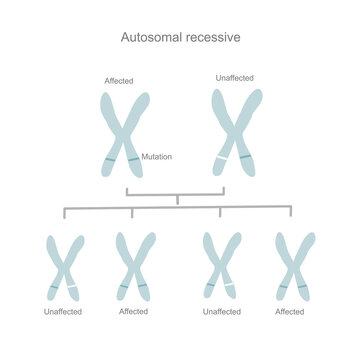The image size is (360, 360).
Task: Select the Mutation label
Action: pos(157,156)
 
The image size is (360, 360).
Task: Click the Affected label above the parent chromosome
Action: pos(119,80)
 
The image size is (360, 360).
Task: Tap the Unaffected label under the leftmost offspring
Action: pos(65,312)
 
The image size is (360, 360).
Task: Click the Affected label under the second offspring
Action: pos(133,312)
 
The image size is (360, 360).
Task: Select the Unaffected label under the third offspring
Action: pos(222,312)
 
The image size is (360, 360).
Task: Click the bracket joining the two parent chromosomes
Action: pos(175,194)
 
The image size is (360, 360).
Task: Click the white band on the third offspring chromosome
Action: pos(229,288)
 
